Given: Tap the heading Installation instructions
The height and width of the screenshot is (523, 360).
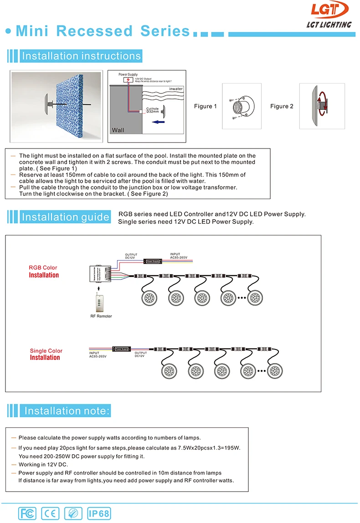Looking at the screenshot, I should click(x=81, y=56).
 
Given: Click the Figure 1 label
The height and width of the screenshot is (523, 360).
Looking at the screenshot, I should click(x=205, y=106).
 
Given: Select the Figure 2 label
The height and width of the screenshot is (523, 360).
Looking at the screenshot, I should click(x=282, y=106).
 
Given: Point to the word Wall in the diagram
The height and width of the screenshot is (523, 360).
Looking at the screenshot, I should click(x=118, y=130).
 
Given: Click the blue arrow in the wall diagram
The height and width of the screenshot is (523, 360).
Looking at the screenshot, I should click(x=158, y=122).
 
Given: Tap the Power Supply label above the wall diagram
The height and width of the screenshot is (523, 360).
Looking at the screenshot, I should click(x=128, y=74).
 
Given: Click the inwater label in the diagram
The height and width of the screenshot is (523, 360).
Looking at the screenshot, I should click(x=176, y=89).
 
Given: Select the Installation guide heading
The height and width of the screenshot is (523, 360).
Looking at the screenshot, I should click(x=65, y=217).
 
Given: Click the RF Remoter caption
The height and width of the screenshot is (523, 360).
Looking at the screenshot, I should click(x=101, y=316).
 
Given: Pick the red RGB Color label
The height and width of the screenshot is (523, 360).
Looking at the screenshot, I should click(x=43, y=268).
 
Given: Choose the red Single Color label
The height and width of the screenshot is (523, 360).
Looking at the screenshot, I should click(x=46, y=351).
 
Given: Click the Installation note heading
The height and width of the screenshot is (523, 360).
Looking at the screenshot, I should click(x=67, y=411).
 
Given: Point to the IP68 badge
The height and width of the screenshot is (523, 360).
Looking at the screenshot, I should click(x=99, y=513).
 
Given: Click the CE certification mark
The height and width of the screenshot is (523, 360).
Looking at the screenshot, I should click(x=50, y=513).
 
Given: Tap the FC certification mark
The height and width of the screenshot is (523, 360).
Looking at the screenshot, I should click(x=27, y=513).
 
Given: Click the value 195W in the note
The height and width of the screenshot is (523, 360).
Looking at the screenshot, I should click(x=231, y=448).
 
